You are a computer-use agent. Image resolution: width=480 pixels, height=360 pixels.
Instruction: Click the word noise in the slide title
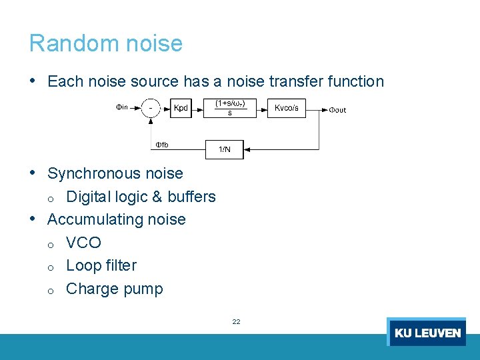[153, 43]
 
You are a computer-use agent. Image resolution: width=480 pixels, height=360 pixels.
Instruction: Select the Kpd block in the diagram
[181, 108]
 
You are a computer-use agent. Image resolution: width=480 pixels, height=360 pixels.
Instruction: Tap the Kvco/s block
[287, 108]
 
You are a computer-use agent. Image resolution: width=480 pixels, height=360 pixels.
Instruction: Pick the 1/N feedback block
[225, 149]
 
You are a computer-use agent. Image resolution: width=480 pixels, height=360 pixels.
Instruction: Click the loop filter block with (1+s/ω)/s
[230, 108]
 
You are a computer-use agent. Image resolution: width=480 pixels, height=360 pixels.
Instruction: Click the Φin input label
[121, 107]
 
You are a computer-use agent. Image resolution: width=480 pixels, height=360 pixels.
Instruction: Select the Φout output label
[337, 110]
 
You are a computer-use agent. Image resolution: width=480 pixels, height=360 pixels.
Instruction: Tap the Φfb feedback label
[162, 145]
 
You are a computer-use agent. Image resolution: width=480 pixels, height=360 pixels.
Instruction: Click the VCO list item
[83, 243]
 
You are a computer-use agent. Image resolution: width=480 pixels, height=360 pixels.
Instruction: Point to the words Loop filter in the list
[101, 265]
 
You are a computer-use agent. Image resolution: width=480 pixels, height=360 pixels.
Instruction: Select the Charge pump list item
[114, 289]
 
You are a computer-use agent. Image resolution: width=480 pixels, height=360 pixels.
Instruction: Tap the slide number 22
[236, 321]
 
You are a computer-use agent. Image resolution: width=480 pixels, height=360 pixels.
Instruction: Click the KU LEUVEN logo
[427, 332]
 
